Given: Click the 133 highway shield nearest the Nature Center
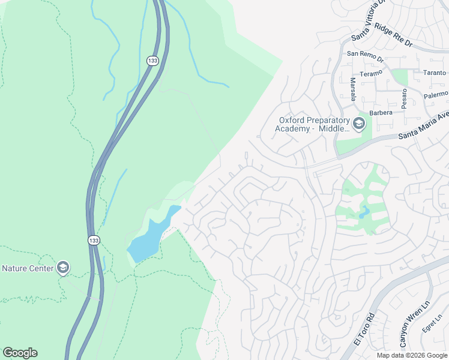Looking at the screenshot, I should coord(94,240).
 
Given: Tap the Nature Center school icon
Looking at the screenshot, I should coord(63,268).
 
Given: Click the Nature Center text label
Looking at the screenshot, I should coord(27,268).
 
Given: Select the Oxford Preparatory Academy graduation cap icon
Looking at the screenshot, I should coord(359,124).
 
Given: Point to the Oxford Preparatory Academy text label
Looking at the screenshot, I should coord(312,124).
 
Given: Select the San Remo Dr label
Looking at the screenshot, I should coord(364,53).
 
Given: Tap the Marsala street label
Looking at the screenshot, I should coord(352,90).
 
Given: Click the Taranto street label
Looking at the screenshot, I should coord(435,72).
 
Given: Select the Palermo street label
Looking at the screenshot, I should coord(436,94).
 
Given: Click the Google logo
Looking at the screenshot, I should coord(20,353).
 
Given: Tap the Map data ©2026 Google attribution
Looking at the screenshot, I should coord(412,355).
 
